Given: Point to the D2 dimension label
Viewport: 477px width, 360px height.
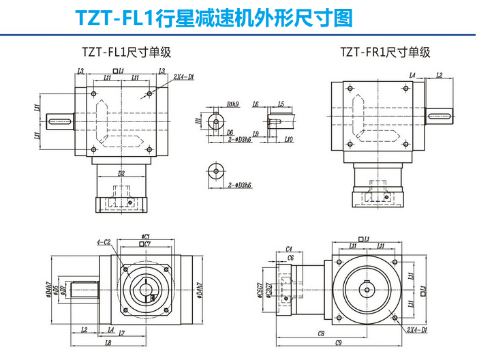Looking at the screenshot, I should click(x=121, y=173).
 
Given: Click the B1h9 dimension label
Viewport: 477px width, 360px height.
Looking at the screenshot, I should click(x=233, y=105).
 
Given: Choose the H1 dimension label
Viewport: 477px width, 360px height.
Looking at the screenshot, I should click(x=197, y=121).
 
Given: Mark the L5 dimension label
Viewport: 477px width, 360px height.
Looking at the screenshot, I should click(x=281, y=104).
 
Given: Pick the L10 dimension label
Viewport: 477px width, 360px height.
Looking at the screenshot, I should click(x=288, y=139).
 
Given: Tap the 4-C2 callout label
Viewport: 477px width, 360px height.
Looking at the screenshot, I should click(x=104, y=242).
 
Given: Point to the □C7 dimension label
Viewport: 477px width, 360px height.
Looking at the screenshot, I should click(x=144, y=243).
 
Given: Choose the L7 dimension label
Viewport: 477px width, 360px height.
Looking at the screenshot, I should click(x=121, y=333).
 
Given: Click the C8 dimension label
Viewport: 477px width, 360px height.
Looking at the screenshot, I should click(x=320, y=333).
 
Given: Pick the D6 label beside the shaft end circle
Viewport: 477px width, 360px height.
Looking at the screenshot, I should click(x=230, y=132).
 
